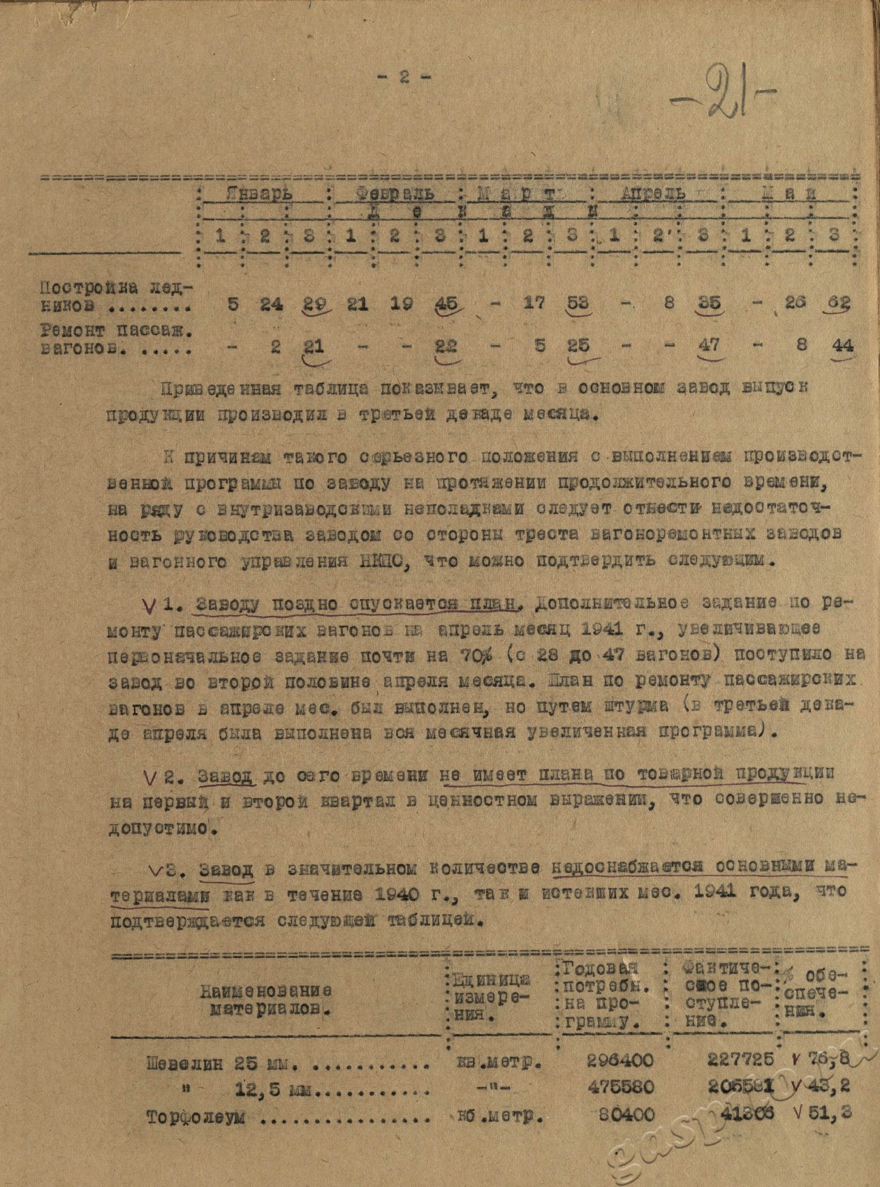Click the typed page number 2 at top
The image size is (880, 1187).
[404, 77]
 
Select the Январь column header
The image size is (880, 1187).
[259, 193]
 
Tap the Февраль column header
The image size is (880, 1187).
[394, 193]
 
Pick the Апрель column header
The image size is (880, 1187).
[654, 193]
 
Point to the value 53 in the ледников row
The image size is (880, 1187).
[578, 303]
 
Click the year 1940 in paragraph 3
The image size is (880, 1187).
[405, 892]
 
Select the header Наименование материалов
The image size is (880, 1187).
[266, 1000]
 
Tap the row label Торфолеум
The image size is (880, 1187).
[196, 1116]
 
